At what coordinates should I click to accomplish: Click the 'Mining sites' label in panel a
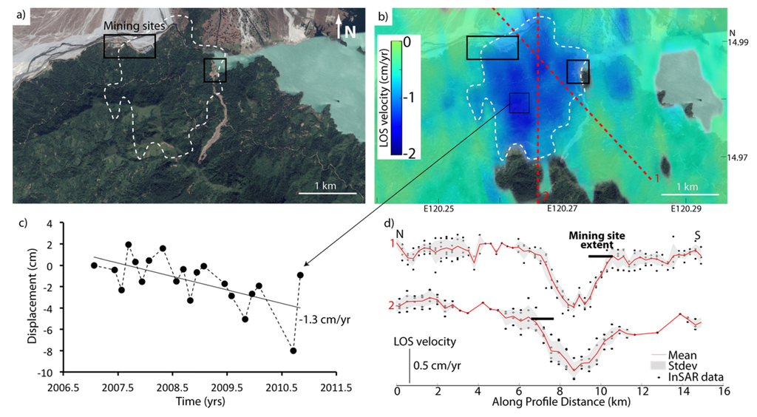coord(134,26)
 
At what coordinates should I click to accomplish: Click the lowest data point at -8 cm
coord(293,351)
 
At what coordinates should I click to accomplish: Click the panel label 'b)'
coord(384,14)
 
